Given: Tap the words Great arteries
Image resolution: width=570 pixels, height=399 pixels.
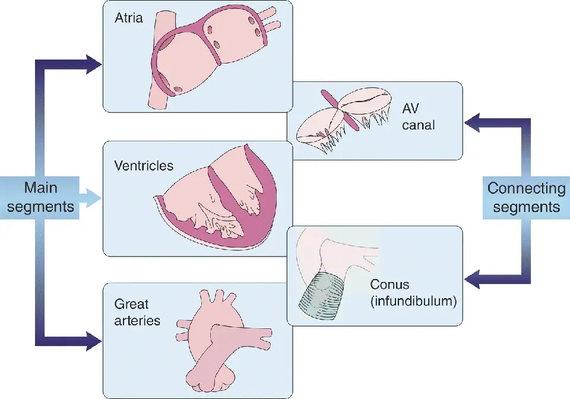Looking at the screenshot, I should [137, 312].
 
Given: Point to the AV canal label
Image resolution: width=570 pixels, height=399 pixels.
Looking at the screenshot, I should [419, 117].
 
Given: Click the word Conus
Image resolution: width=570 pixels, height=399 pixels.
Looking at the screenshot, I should [389, 285].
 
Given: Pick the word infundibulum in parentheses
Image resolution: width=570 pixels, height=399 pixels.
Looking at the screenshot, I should [413, 301].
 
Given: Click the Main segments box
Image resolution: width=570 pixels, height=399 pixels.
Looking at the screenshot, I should [40, 197].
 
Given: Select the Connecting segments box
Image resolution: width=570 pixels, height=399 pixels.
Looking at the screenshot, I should [526, 198].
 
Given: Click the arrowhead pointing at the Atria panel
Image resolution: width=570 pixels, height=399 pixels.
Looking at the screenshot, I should [93, 64].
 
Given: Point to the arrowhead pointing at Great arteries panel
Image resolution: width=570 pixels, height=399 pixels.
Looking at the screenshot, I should [93, 341].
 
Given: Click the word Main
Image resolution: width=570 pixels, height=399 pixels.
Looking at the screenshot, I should [40, 188].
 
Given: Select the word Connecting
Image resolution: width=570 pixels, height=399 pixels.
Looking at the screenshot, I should [526, 189].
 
